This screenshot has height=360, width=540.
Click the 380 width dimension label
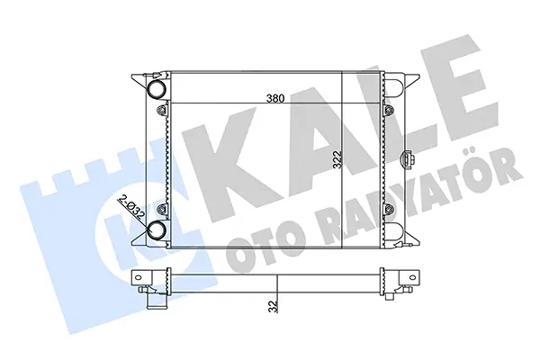(275, 98)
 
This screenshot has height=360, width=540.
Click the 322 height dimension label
(337, 159)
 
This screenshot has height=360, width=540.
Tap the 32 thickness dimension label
(273, 306)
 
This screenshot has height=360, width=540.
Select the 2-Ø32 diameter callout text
(131, 209)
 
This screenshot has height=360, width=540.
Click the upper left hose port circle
(157, 88)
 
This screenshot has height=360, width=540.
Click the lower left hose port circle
(157, 230)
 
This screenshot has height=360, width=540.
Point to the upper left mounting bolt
(161, 110)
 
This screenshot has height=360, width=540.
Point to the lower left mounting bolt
(161, 209)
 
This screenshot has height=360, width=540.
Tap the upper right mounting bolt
(389, 110)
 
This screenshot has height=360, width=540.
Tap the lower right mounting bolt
(389, 209)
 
